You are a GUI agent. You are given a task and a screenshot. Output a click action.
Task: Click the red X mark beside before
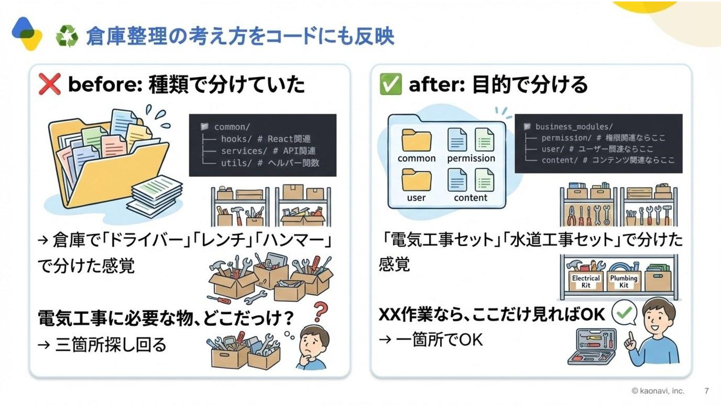click(50, 84)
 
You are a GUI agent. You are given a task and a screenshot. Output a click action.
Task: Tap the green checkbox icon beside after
click(391, 84)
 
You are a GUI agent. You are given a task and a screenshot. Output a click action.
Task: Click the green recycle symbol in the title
click(67, 37)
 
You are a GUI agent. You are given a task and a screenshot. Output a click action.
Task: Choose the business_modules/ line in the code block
click(568, 126)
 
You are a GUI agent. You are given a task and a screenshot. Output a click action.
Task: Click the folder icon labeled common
click(416, 141)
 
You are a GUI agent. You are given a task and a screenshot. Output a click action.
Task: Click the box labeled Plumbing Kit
click(623, 281)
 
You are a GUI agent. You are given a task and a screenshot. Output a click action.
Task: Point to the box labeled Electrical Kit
click(586, 281)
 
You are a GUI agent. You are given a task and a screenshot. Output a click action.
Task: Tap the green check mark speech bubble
click(624, 314)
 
